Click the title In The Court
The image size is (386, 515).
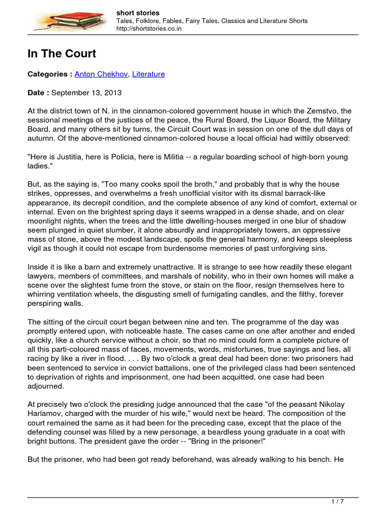[x=61, y=54]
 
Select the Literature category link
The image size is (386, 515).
[x=148, y=74]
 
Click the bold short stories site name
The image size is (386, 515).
[x=138, y=13]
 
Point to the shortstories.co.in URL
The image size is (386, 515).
[x=149, y=29]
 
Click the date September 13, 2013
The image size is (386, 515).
[x=86, y=93]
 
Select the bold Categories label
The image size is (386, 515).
[x=47, y=74]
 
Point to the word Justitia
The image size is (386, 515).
[x=65, y=157]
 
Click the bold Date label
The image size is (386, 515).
[x=38, y=93]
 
